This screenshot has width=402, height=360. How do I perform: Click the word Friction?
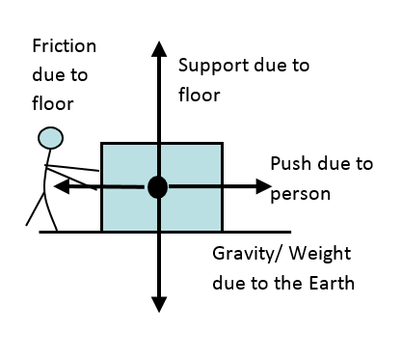65,46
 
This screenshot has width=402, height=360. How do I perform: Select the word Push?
292,163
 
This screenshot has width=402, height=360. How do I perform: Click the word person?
301,195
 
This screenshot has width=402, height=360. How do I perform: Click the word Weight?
320,254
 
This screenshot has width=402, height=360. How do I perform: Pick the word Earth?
332,283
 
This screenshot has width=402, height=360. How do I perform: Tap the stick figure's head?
50,138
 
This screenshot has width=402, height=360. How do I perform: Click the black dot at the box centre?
157,187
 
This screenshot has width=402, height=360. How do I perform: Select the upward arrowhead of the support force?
159,49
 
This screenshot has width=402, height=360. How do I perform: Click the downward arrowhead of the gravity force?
159,304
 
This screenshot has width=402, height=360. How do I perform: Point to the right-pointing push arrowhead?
264,186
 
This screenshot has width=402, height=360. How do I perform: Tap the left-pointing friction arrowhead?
62,186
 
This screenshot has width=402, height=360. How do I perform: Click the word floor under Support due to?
200,95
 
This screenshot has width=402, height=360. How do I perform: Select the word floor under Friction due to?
53,103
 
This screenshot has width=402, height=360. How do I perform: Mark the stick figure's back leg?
35,208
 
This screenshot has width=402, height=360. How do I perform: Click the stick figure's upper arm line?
71,168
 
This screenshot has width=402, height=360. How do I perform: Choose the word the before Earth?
288,283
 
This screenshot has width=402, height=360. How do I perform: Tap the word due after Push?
335,163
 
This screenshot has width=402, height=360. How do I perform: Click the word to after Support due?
301,66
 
